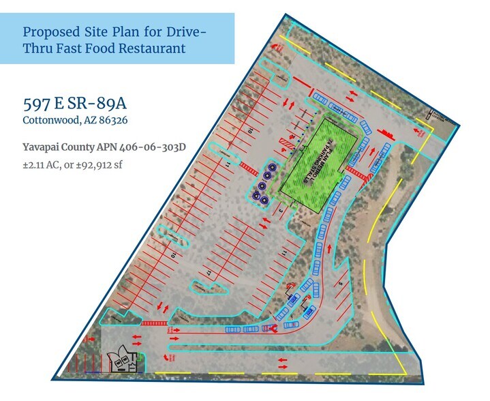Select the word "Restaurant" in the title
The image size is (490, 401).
pos(151,48)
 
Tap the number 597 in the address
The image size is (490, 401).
pos(37,104)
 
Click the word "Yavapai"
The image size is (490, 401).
pos(42,146)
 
